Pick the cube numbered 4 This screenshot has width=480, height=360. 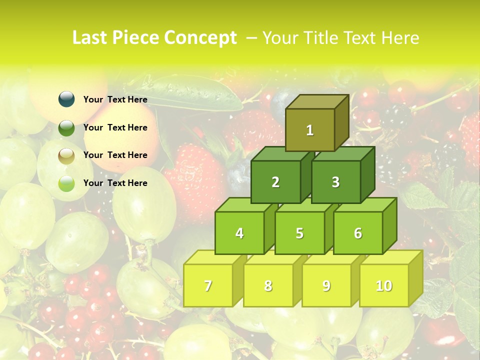click(239, 233)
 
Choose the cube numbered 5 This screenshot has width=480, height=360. click(299, 233)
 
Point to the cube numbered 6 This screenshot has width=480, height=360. click(358, 233)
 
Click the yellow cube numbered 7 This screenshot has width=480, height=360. click(208, 285)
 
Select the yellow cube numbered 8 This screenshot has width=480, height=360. click(268, 285)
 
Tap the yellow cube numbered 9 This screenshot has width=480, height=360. click(326, 285)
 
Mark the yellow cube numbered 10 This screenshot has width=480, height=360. click(384, 285)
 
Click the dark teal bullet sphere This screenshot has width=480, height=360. click(66, 99)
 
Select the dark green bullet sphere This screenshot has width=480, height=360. click(66, 127)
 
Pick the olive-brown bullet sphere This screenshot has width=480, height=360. click(66, 155)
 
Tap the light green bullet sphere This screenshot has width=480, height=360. click(66, 183)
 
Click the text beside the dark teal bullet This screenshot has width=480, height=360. click(115, 99)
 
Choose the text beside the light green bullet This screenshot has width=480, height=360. click(115, 183)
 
